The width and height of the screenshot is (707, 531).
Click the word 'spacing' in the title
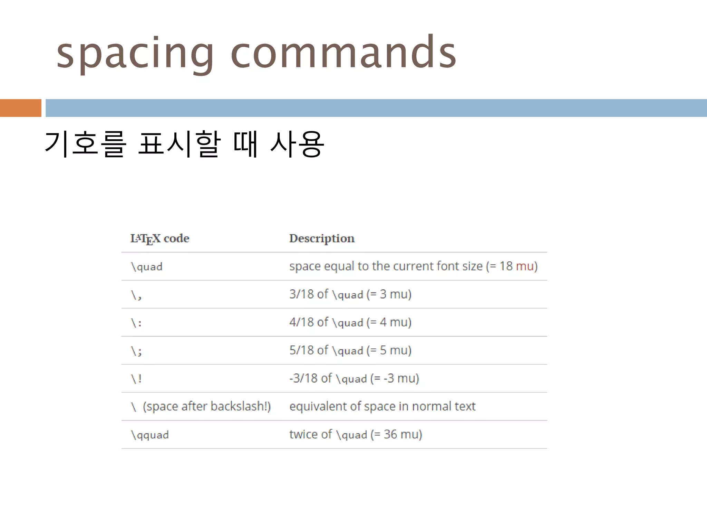(135, 54)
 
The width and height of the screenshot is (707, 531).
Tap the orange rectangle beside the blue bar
(20, 108)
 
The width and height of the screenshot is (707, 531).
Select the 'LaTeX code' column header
(160, 239)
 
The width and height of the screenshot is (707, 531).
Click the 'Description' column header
(322, 239)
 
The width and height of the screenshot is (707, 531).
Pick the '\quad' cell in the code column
(147, 267)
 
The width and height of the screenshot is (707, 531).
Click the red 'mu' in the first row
(524, 266)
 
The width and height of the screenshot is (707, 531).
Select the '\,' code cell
(136, 295)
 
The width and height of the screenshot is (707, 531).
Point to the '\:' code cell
(136, 323)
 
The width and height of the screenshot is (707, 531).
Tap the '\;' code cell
(136, 351)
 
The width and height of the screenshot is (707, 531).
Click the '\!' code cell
(136, 379)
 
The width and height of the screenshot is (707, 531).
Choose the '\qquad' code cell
(150, 435)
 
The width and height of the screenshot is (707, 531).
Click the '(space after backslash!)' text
(206, 406)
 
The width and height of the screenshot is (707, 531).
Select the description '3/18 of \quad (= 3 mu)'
(350, 294)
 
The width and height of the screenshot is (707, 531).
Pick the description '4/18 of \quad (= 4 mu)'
(350, 322)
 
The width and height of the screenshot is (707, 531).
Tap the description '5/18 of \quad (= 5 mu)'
(350, 350)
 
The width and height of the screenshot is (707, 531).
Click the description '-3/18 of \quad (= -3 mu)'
(354, 378)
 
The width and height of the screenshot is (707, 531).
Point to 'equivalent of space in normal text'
(382, 406)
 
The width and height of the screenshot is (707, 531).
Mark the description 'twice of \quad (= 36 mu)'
(356, 434)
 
